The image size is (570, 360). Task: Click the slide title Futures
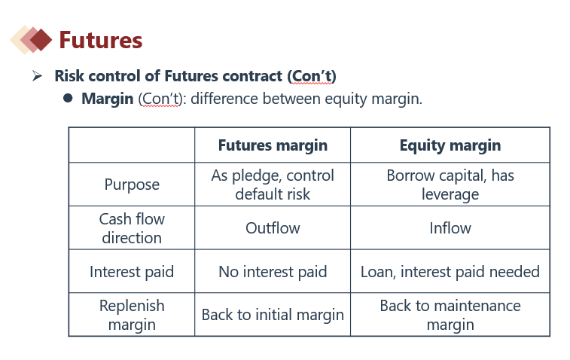(x=101, y=40)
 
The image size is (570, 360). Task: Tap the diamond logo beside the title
(x=32, y=40)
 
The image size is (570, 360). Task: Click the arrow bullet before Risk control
(x=37, y=75)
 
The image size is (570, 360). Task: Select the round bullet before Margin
(x=68, y=98)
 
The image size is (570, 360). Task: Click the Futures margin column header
(x=273, y=145)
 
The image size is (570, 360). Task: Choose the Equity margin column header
(x=450, y=145)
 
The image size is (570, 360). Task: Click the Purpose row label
(x=132, y=185)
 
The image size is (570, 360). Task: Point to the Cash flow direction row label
(x=132, y=228)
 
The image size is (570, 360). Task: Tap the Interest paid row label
(x=132, y=272)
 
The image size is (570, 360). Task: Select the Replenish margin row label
(x=132, y=315)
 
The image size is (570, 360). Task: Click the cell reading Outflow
(x=273, y=228)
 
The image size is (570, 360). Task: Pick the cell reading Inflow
(x=450, y=228)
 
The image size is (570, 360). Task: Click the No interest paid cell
(x=273, y=272)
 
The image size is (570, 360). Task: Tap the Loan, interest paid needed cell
(x=450, y=272)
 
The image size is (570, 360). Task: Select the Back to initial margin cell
(x=273, y=315)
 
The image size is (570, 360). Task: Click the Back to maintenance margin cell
(x=450, y=315)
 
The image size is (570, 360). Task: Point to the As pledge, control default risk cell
(x=273, y=185)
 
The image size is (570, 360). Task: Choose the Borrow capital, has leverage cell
(x=450, y=185)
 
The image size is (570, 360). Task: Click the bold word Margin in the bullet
(x=107, y=99)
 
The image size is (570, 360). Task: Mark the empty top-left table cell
(x=132, y=145)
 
